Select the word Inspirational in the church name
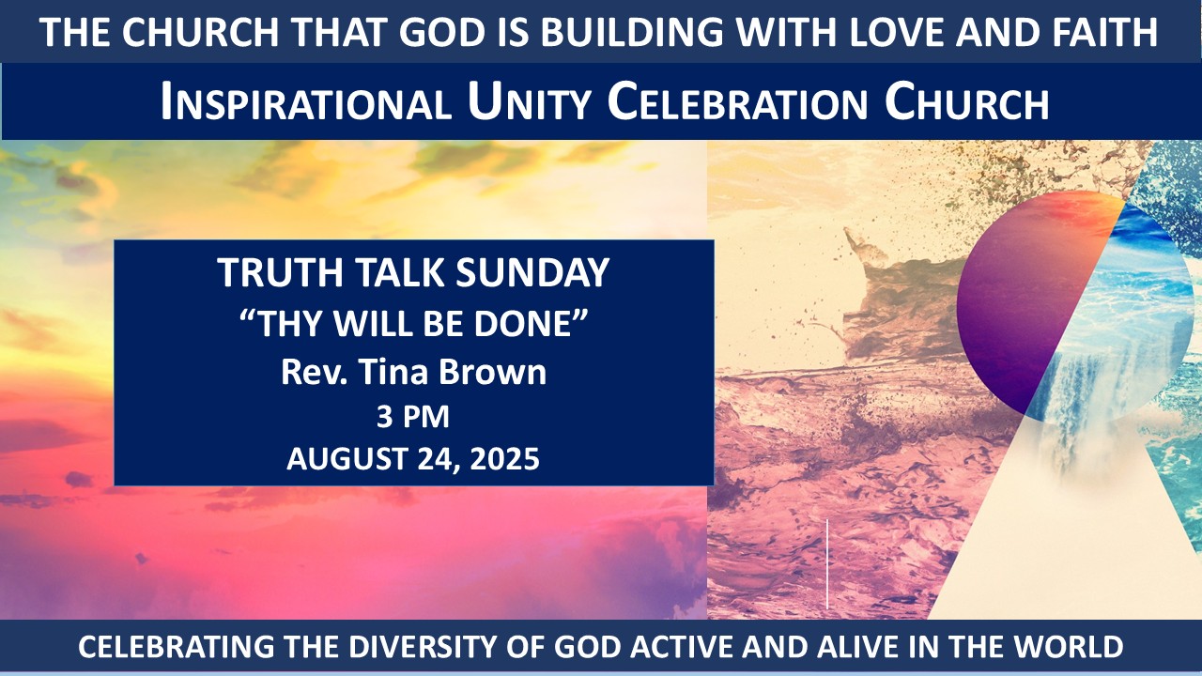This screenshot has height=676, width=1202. pyautogui.click(x=306, y=101)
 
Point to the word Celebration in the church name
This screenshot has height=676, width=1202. pyautogui.click(x=737, y=101)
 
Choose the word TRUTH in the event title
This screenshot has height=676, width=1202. pyautogui.click(x=280, y=273)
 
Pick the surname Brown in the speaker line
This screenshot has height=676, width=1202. pyautogui.click(x=493, y=372)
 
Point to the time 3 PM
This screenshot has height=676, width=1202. pyautogui.click(x=412, y=417)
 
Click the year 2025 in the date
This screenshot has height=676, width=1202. pyautogui.click(x=504, y=459)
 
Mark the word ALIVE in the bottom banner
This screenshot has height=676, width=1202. pyautogui.click(x=856, y=647)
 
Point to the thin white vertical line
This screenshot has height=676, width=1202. pyautogui.click(x=827, y=564)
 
